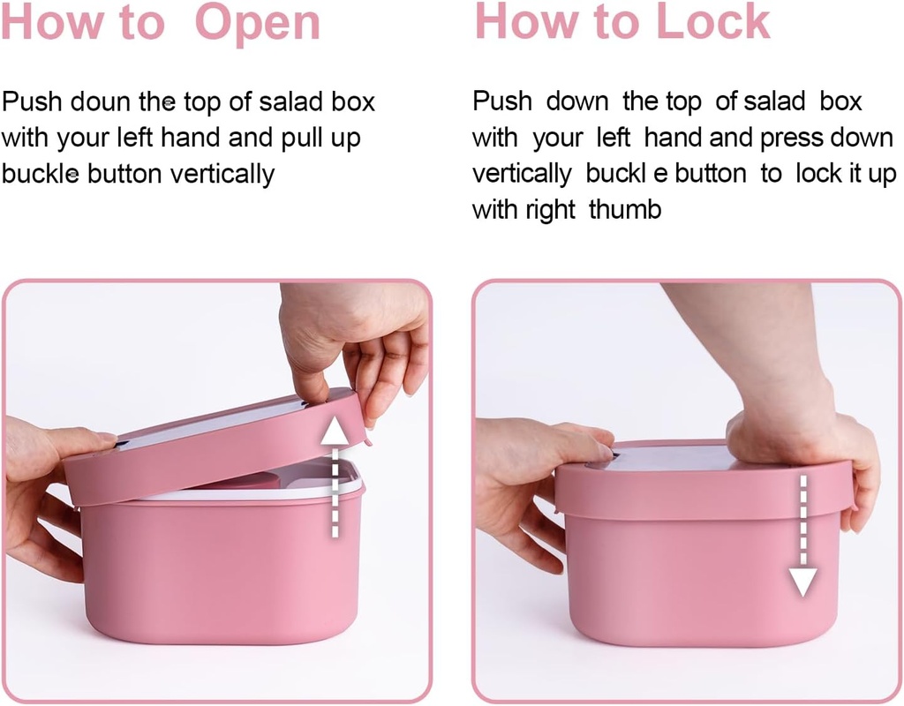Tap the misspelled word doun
tap(100, 102)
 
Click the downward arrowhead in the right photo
tap(802, 582)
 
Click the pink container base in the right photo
tap(697, 574)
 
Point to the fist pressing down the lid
tap(777, 415)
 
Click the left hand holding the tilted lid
tap(44, 494)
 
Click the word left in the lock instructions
tap(613, 139)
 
